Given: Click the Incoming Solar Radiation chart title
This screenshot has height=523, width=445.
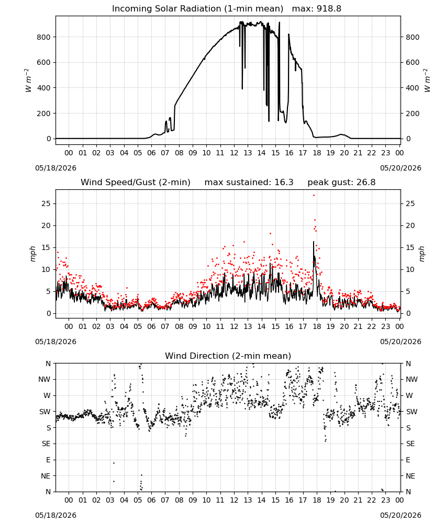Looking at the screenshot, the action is (197, 8).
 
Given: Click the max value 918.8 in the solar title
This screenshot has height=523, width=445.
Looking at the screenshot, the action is (329, 8).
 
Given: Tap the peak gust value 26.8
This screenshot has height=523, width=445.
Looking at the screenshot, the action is (366, 182).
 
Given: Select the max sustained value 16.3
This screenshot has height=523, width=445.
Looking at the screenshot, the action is (284, 182).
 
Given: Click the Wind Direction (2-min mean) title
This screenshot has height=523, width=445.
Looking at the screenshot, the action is (228, 356).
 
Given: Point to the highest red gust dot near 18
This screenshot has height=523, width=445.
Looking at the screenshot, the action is (314, 195).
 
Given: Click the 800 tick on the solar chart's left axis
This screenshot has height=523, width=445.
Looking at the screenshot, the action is (44, 37).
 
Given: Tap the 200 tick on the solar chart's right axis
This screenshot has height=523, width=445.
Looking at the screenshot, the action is (413, 113).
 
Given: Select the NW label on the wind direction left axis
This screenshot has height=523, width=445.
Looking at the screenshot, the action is (44, 379).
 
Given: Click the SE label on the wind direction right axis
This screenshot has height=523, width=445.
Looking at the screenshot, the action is (410, 444).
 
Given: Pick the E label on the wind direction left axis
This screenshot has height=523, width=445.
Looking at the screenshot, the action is (48, 460).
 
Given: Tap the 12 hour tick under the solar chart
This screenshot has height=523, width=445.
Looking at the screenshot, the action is (234, 153).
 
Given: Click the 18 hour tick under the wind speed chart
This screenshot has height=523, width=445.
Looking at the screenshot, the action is (317, 326).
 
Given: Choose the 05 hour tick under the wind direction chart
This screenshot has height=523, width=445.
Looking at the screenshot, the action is (138, 500).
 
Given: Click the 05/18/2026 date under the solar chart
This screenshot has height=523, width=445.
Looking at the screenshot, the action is (55, 168).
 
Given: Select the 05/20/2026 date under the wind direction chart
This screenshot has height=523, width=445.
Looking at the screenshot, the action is (400, 515).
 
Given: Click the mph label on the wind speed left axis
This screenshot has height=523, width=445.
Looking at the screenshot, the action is (32, 254).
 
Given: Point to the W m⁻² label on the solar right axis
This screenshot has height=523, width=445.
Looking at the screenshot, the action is (427, 81).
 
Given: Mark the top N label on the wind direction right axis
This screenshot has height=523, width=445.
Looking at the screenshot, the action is (408, 363).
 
